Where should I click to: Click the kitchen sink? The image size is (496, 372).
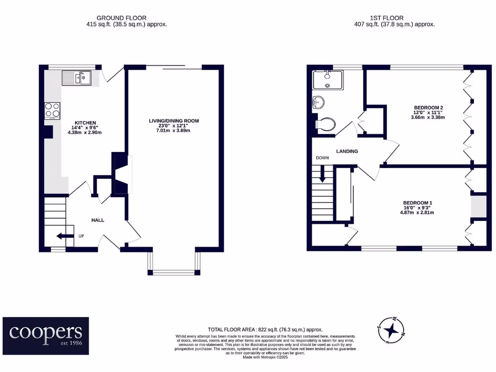click(77, 77)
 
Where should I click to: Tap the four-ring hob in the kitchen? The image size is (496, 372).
click(52, 110)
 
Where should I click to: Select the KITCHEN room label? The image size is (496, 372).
click(85, 123)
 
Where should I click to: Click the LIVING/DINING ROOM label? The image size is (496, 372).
click(174, 121)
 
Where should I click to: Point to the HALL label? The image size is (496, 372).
click(98, 220)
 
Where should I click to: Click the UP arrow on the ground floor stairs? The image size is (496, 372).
click(62, 236)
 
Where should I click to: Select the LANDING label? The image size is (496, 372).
click(347, 151)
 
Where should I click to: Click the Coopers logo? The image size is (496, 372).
click(46, 332)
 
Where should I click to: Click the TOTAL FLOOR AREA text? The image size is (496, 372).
click(265, 329)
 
